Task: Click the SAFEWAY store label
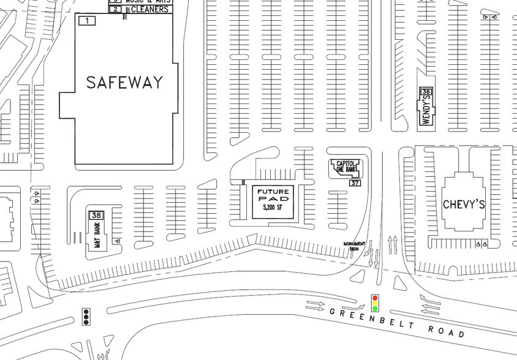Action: [x=124, y=83]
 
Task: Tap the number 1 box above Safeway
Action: [x=88, y=21]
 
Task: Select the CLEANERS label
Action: [x=146, y=10]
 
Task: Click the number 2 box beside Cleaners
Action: [x=115, y=10]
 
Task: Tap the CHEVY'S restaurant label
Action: [x=464, y=204]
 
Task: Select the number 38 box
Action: [x=96, y=215]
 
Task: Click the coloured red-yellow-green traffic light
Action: [x=374, y=302]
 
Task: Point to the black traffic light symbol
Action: [x=86, y=316]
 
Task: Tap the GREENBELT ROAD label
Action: [x=396, y=323]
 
